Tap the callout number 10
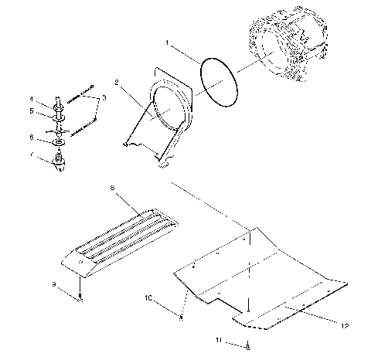149,297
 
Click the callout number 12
333,325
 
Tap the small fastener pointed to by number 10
180,316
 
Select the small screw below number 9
80,301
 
